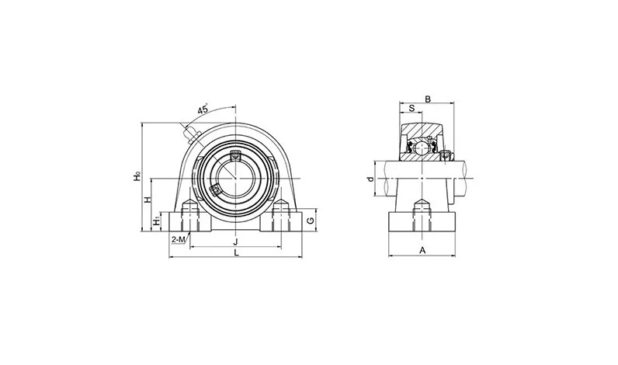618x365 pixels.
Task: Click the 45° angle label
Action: pos(203,109)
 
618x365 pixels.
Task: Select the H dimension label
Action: pos(148,200)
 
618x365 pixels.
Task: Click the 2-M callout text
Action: pos(179,239)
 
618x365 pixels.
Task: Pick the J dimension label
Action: pos(236,242)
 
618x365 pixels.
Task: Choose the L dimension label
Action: pos(236,252)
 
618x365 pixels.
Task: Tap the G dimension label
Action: pos(311,221)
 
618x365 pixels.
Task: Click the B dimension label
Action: pos(428,99)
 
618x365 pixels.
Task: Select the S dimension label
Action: pos(411,108)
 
